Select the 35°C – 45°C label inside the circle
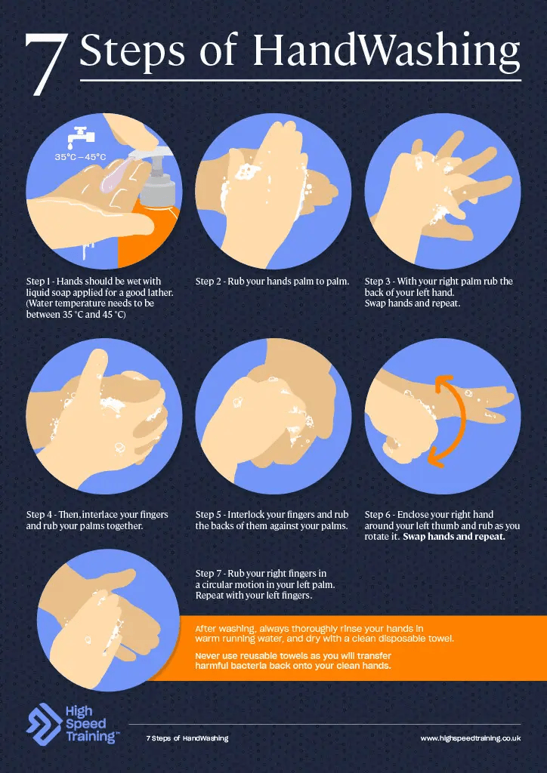80,157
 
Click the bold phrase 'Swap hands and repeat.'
454,537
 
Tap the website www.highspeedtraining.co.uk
471,738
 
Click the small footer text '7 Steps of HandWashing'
187,738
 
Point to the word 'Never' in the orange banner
207,656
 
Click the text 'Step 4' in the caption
39,515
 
